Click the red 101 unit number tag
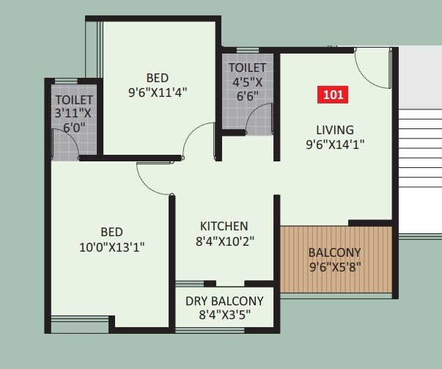[333, 95]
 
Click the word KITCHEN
[224, 226]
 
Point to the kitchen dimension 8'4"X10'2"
[224, 240]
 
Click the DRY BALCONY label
[224, 301]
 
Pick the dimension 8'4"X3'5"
[224, 315]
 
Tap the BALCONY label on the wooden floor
[335, 252]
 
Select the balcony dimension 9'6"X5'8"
[335, 266]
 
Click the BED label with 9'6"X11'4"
[157, 78]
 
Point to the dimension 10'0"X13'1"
[112, 246]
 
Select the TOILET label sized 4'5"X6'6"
[247, 67]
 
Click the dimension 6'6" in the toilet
[247, 95]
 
